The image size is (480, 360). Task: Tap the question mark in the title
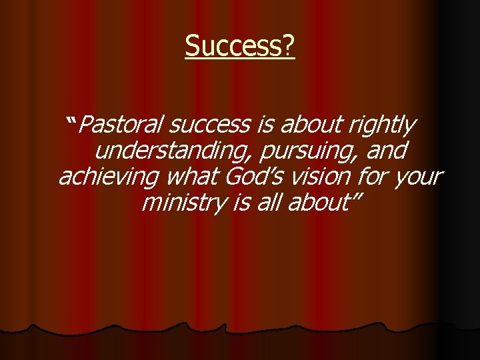(x=288, y=47)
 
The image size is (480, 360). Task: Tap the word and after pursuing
(x=385, y=151)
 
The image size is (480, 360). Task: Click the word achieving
(x=109, y=177)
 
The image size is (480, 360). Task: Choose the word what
(x=194, y=177)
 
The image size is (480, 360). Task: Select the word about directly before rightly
(x=309, y=125)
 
